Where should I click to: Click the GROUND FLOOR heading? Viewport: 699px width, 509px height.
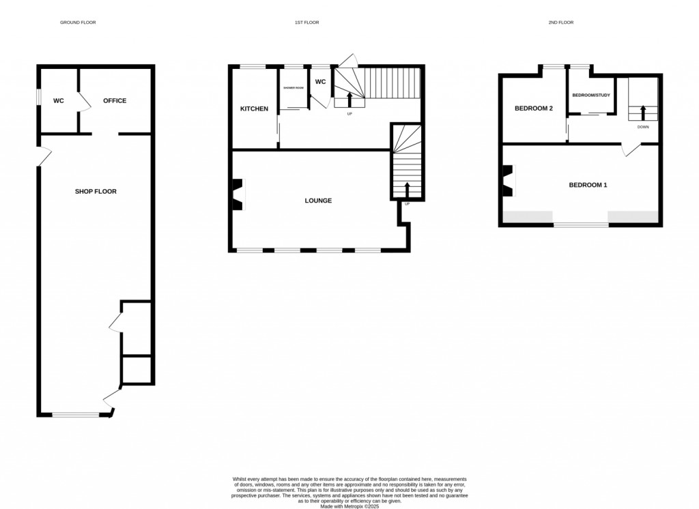point(78,23)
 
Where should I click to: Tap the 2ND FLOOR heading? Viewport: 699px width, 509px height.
point(561,23)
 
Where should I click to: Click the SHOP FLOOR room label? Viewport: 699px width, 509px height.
point(96,192)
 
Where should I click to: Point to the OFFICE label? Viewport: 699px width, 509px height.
point(115,101)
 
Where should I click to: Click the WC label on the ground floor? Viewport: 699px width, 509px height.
point(59,101)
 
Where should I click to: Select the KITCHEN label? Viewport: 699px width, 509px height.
point(254,109)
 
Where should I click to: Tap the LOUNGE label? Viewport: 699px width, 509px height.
point(318,201)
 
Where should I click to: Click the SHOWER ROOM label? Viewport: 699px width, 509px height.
point(294,87)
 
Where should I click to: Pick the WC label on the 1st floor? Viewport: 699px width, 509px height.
point(320,82)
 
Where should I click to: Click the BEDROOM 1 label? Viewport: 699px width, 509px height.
point(588,185)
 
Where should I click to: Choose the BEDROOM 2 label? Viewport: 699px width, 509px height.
point(533,108)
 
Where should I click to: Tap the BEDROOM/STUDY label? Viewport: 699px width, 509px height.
point(590,95)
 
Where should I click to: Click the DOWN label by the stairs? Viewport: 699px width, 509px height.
point(643,127)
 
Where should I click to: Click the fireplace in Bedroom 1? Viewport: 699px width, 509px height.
point(507,181)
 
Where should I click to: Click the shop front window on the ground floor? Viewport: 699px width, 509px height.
point(76,414)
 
